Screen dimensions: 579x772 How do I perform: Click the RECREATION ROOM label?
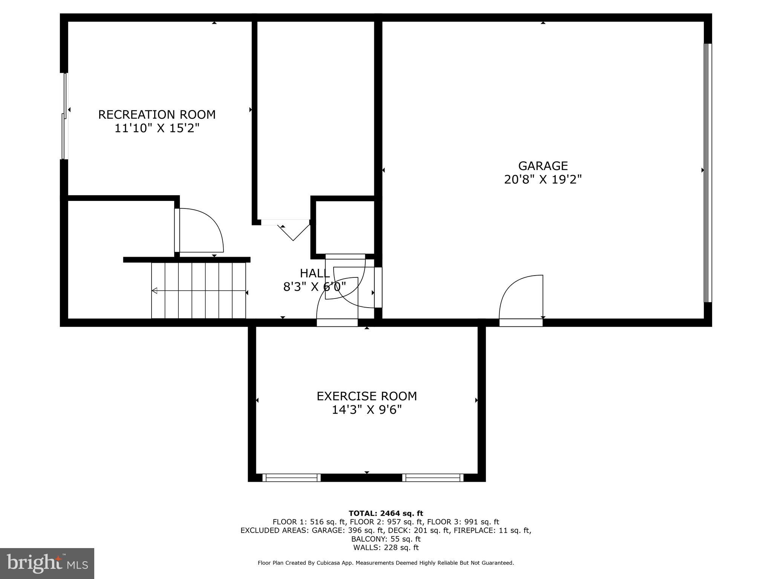coord(157,115)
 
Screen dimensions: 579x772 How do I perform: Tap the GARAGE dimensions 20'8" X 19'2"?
coord(543,179)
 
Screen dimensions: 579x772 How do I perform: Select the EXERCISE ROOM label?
coord(366,396)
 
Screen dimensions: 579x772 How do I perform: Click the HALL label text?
coord(315,273)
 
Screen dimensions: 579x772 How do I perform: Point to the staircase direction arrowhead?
coord(155,291)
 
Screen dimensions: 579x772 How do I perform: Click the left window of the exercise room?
coord(291,478)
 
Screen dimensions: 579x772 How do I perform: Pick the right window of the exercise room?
coord(433,478)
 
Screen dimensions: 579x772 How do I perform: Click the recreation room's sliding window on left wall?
coord(64,116)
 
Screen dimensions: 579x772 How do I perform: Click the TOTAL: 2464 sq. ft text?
coord(386,513)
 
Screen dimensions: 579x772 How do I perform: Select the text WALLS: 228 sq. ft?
coord(386,548)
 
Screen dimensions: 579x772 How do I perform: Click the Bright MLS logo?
coord(47,563)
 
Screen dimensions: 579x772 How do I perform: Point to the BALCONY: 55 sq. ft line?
coord(386,539)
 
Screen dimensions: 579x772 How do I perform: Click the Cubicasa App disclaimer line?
coord(386,563)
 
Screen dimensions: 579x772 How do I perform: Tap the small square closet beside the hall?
coord(345,227)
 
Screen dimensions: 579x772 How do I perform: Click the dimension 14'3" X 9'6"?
coord(366,410)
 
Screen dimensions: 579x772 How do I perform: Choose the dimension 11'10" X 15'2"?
coord(157,129)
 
